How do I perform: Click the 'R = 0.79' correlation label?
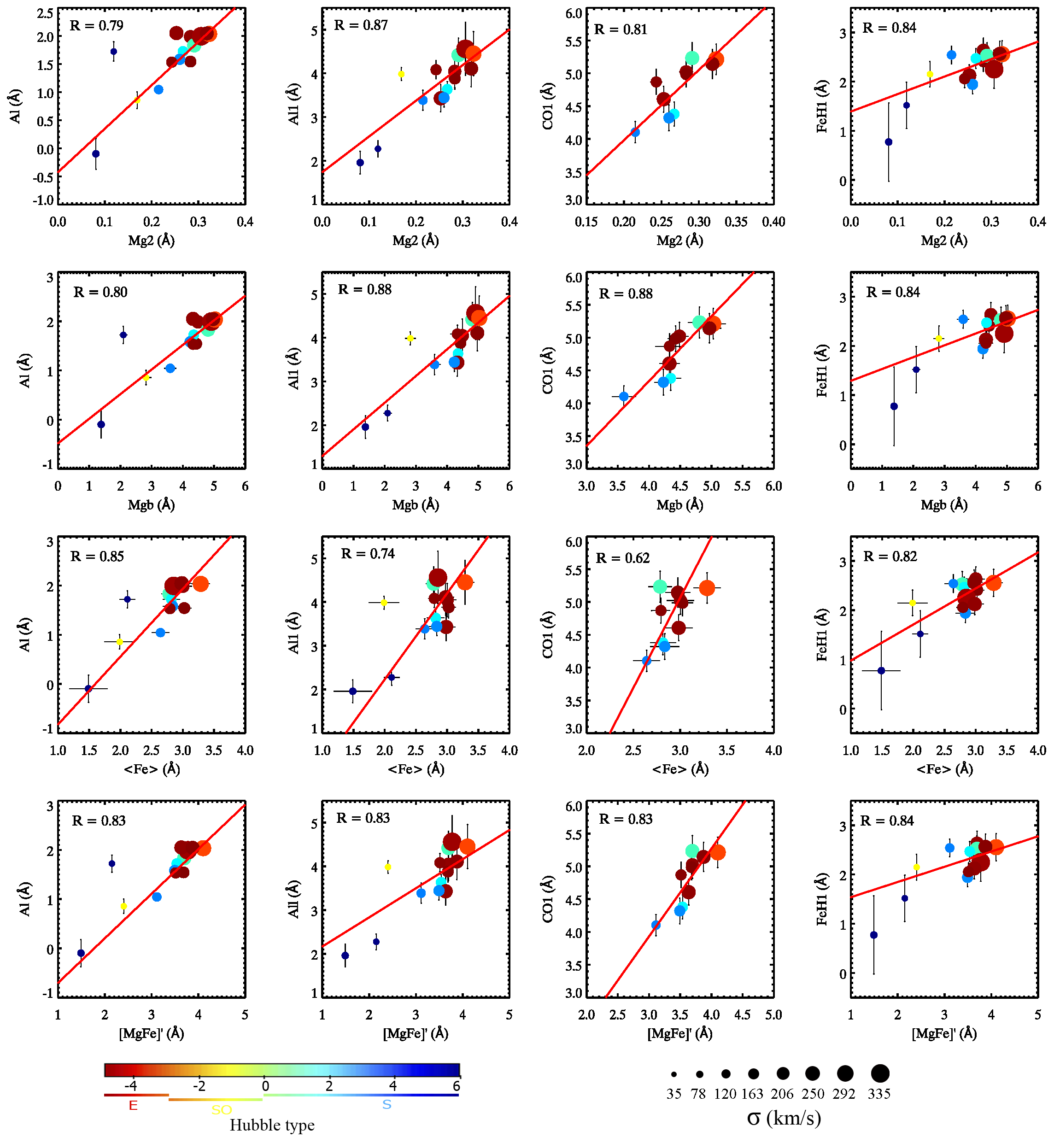coord(96,26)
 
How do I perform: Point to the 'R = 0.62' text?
coord(622,558)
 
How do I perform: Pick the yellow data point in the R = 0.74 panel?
coord(384,603)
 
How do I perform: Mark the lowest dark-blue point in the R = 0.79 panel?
coord(96,154)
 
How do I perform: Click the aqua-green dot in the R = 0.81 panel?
coord(692,58)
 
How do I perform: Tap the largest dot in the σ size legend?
coord(880,1073)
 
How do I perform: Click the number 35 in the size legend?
coord(673,1094)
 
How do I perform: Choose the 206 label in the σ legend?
coord(782,1094)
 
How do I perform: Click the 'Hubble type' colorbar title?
coord(272,1125)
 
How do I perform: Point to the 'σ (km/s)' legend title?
coord(784,1118)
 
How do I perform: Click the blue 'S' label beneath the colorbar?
coord(386,1104)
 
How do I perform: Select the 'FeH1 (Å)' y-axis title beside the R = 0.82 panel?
coord(822,634)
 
